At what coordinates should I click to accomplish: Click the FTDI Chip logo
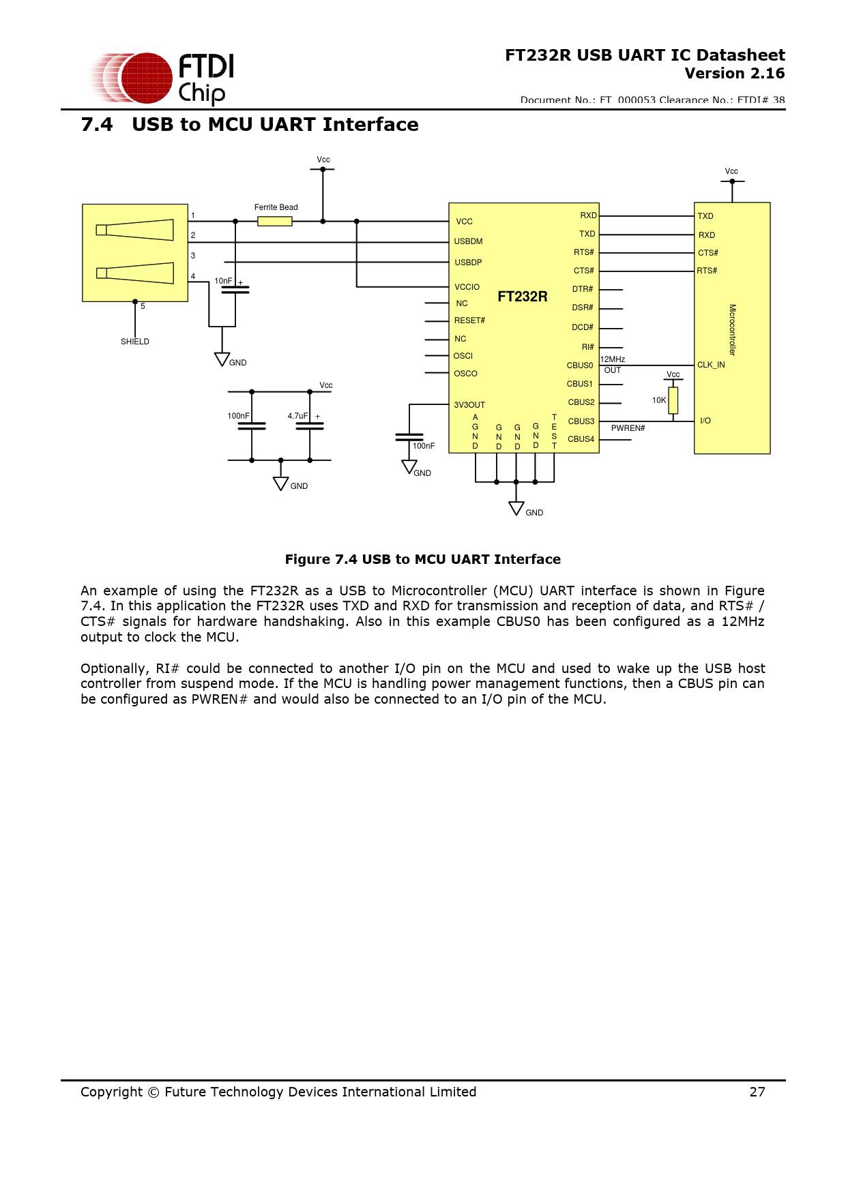(x=162, y=78)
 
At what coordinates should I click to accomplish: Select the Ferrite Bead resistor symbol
(x=275, y=221)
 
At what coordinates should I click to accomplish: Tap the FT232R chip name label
(x=522, y=297)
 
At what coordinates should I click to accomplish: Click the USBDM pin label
(x=468, y=241)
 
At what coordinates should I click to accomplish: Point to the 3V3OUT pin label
(x=469, y=405)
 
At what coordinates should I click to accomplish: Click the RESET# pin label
(x=469, y=320)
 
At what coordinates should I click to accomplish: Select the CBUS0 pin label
(x=580, y=365)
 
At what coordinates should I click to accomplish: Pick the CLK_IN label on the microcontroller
(x=711, y=365)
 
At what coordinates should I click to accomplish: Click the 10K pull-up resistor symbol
(x=673, y=400)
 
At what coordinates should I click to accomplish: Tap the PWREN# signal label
(x=628, y=428)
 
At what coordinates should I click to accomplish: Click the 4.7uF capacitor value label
(x=297, y=416)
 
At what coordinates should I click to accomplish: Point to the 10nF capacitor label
(x=223, y=281)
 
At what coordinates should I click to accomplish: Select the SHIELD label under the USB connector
(x=135, y=342)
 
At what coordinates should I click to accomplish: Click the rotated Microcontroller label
(x=732, y=330)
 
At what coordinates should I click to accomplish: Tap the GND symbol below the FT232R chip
(x=516, y=509)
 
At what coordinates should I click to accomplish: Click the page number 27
(x=757, y=1092)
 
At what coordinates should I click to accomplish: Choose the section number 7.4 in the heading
(x=97, y=125)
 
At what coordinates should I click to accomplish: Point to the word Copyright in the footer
(x=112, y=1092)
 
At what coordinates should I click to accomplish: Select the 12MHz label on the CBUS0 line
(x=613, y=359)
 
